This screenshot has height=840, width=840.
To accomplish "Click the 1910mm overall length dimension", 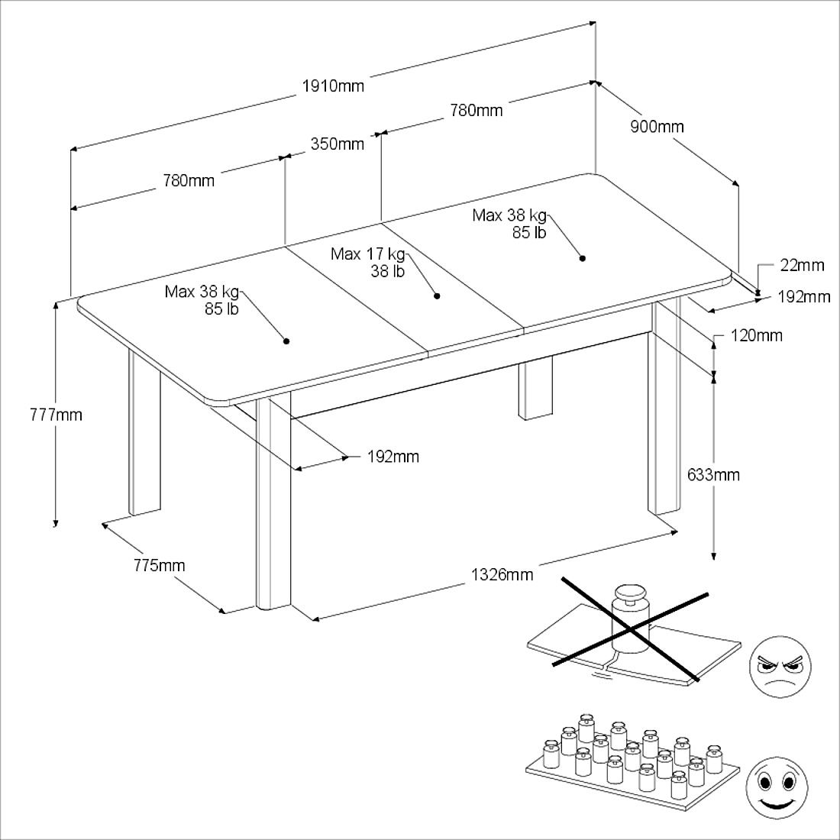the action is [333, 86].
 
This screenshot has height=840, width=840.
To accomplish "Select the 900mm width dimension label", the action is [657, 127].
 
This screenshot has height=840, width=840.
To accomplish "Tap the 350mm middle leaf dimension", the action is [338, 144].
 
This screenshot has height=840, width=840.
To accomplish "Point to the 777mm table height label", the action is [57, 415].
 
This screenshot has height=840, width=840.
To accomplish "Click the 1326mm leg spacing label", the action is [502, 575].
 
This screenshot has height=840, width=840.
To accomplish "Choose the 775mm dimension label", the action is [160, 565].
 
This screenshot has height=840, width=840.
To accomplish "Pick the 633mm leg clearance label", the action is [713, 475].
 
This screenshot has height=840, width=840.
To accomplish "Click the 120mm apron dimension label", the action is [757, 336].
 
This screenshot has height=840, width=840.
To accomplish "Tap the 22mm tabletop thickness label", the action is [802, 265].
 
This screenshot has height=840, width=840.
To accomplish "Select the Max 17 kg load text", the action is [368, 254].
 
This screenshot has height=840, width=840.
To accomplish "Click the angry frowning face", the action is [780, 667].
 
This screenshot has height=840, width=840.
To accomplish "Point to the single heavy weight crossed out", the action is [630, 619].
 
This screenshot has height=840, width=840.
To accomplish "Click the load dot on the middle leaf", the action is [437, 296].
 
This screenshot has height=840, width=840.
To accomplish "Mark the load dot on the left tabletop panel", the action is [286, 341].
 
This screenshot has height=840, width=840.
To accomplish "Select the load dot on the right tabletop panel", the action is [583, 258].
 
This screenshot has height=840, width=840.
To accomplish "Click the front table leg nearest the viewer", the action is [273, 502].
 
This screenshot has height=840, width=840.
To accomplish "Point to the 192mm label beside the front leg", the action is [393, 457].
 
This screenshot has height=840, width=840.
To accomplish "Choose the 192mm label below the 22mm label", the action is [804, 297].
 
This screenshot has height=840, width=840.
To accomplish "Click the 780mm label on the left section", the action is [189, 181].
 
